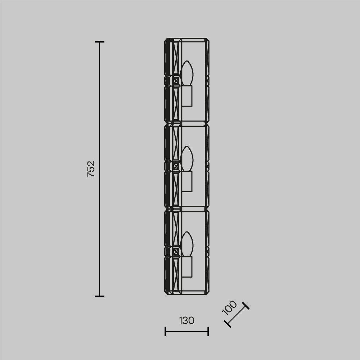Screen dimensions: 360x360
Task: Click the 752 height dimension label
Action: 91,168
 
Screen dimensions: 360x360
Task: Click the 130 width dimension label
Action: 186,320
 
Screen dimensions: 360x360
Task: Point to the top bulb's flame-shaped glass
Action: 187,73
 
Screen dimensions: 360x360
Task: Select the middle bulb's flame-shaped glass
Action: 187,159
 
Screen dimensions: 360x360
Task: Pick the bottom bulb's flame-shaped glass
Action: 187,244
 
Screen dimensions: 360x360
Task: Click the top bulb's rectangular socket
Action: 186,96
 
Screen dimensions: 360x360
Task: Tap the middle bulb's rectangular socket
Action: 186,181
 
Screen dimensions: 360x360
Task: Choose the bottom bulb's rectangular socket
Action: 186,266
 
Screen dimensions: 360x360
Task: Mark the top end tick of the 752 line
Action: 100,42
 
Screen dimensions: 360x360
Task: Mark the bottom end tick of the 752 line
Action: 100,296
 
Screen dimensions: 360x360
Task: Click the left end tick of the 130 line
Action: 165,331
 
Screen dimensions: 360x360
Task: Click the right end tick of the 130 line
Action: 208,331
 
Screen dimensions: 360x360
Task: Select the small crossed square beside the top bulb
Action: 176,81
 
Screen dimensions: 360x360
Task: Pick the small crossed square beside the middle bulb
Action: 176,166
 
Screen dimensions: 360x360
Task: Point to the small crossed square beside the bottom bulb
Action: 176,252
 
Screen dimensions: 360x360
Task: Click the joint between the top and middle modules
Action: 186,123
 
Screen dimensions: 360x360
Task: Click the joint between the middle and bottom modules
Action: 186,208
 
